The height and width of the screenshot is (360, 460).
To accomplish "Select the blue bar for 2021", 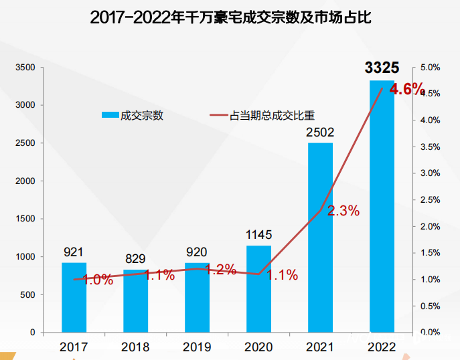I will click(320, 238).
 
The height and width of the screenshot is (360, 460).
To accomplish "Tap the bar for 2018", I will click(135, 300).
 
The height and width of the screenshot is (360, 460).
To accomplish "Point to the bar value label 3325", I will click(382, 68).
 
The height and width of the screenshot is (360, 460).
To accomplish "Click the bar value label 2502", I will click(320, 132).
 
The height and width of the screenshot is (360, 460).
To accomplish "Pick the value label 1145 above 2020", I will click(258, 235).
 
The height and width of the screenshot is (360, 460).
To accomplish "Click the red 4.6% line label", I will click(407, 89).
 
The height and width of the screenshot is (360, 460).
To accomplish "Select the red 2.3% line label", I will click(343, 211).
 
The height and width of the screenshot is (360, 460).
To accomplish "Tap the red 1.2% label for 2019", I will click(220, 270).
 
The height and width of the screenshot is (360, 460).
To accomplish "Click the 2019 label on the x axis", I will click(197, 347).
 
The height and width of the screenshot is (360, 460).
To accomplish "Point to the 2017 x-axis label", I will click(74, 347).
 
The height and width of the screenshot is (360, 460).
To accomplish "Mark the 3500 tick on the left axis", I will click(26, 68).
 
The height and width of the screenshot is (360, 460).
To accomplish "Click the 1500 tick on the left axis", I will click(26, 219).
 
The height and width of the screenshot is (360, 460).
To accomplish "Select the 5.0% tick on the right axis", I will click(429, 68).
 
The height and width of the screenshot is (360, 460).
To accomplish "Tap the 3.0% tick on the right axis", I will click(429, 173).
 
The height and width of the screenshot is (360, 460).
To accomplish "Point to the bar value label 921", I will click(74, 252).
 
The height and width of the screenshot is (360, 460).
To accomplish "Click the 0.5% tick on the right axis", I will click(429, 306).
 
